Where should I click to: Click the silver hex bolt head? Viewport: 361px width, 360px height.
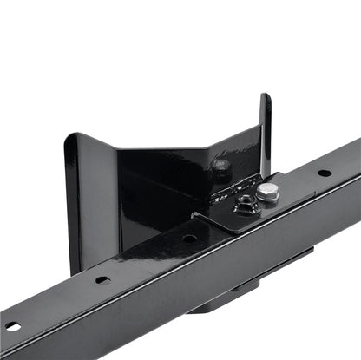(269, 192)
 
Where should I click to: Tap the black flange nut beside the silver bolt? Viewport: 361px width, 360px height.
(247, 204)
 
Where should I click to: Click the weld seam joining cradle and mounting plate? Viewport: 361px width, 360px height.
(233, 186)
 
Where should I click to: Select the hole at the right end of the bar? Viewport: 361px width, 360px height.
(324, 172)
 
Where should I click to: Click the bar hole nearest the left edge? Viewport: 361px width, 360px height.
(13, 327)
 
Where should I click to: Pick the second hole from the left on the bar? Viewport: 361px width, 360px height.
(102, 279)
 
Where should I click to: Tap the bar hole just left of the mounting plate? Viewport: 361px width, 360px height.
(188, 237)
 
